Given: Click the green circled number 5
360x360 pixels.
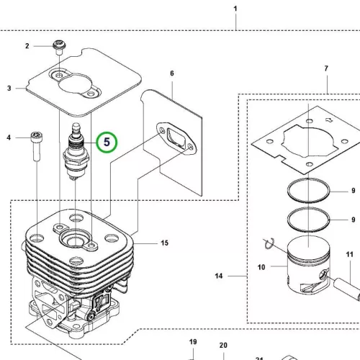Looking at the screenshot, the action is (107, 142).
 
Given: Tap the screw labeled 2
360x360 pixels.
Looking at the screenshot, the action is (59, 48).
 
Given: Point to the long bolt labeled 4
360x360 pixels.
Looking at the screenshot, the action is (37, 146).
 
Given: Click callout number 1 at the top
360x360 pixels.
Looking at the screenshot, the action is (235, 9).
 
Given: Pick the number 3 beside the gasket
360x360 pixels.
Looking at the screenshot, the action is (9, 89).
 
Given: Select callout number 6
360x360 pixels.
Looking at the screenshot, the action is (172, 73).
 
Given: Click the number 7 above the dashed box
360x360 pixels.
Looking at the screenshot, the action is (326, 68).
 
